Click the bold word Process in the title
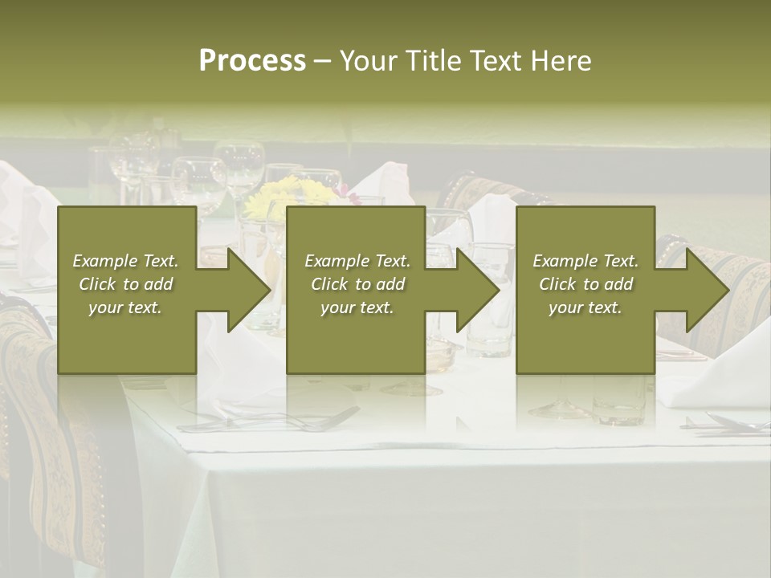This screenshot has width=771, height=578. point(252,61)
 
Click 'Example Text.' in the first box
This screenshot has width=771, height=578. point(125,261)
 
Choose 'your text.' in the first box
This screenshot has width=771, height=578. point(125,307)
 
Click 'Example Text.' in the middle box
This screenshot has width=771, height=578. point(357,261)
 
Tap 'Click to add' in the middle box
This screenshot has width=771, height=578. point(357,284)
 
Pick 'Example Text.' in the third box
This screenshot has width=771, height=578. point(585,261)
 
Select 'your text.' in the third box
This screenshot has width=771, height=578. point(585,307)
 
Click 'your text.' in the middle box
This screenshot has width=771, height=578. point(357,307)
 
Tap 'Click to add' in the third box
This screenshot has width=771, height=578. point(585,284)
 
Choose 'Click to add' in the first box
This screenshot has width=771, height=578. point(125,284)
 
